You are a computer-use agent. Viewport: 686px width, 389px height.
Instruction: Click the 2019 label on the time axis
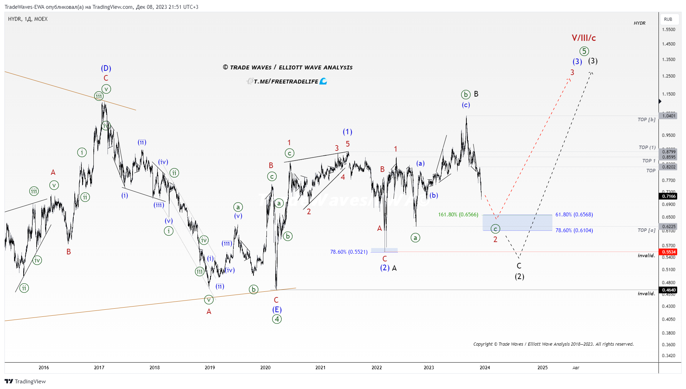tap(210, 368)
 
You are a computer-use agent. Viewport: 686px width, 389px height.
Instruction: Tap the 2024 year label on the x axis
tap(485, 368)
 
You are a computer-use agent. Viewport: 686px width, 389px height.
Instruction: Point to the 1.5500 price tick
tap(668, 30)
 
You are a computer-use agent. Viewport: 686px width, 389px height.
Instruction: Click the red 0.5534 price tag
tap(669, 252)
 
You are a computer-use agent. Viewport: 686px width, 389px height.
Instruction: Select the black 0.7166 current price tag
tap(669, 196)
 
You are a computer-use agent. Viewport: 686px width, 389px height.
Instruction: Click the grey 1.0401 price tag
tap(669, 116)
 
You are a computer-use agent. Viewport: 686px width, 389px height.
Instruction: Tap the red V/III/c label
tap(584, 38)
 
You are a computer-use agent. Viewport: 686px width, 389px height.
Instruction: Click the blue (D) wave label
tap(106, 68)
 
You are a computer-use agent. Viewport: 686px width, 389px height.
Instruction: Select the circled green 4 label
tap(277, 319)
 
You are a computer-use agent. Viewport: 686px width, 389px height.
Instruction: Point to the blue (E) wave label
tap(277, 310)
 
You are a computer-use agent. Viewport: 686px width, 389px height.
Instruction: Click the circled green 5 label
tap(584, 51)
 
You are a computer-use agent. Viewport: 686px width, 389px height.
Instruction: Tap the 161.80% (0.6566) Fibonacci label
tap(458, 215)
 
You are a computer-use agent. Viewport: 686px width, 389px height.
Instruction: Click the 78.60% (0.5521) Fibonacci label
tap(349, 252)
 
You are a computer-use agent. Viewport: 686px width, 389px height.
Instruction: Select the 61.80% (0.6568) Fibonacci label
tap(574, 215)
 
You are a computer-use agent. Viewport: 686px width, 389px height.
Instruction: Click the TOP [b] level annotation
tap(646, 119)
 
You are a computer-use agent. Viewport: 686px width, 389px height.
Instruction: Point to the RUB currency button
tap(668, 19)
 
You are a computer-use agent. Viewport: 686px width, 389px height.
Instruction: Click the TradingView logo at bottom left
tap(25, 381)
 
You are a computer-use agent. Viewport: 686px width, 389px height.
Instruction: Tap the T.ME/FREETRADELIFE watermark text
tap(286, 82)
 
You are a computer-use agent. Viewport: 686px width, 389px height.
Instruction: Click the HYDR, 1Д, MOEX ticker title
tap(28, 19)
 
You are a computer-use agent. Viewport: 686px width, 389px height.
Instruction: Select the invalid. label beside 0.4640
tap(646, 294)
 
